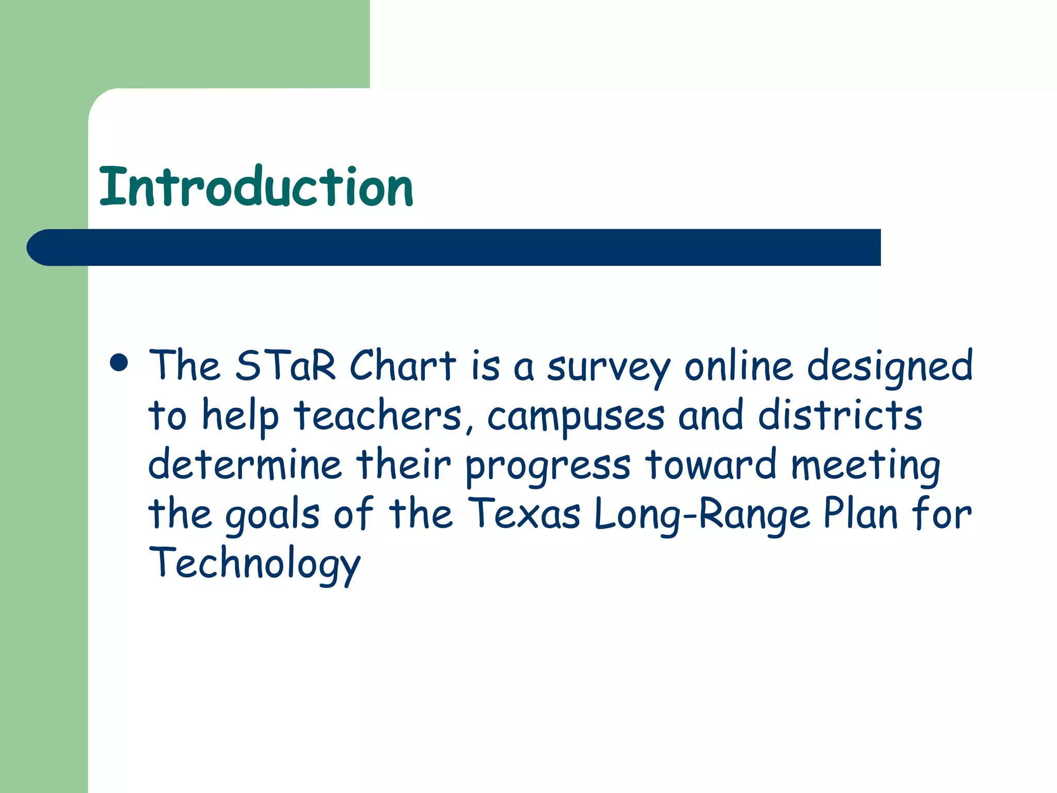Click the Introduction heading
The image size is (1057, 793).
tap(256, 187)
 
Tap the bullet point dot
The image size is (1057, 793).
tap(119, 362)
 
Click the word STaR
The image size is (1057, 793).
tap(285, 366)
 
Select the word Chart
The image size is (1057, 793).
tap(403, 366)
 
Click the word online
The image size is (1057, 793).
tap(739, 366)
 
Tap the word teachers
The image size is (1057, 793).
tap(378, 416)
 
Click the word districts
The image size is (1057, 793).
tap(840, 415)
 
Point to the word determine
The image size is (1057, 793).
tap(245, 464)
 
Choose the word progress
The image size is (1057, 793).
tap(548, 466)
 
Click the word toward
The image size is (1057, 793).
tap(711, 464)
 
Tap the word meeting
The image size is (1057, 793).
tap(866, 466)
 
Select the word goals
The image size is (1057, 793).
tap(273, 515)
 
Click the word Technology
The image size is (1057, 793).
tap(254, 564)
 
